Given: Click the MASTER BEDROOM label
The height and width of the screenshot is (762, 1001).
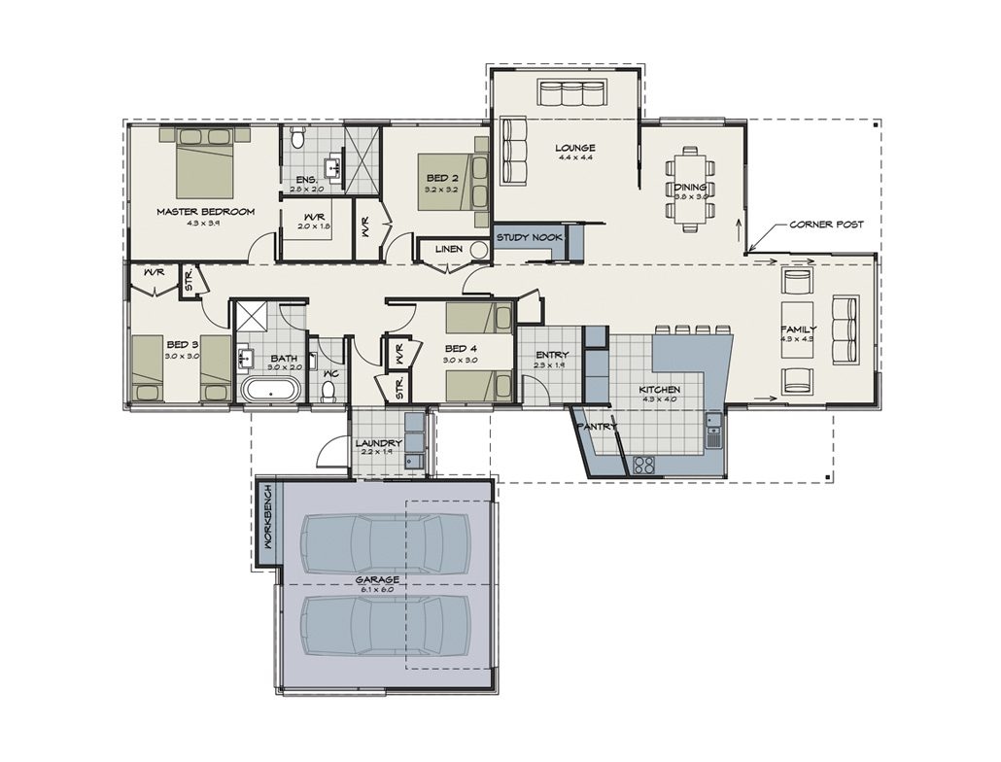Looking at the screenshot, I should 205,211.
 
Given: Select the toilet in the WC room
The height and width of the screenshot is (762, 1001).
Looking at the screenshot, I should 328,391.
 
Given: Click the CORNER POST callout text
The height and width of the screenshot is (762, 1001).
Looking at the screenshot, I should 826,225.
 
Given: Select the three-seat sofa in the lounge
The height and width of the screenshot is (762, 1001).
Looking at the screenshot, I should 572,94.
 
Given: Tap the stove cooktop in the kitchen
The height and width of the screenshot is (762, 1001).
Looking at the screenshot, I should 643,464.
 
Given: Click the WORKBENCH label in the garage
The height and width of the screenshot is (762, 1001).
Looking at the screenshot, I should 268,521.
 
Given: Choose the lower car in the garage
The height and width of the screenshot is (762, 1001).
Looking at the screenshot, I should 386,625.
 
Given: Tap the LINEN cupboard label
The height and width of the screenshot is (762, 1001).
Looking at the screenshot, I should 448,250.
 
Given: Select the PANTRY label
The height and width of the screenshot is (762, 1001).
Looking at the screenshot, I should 597,427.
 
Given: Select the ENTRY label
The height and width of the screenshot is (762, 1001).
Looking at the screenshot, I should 551,355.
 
